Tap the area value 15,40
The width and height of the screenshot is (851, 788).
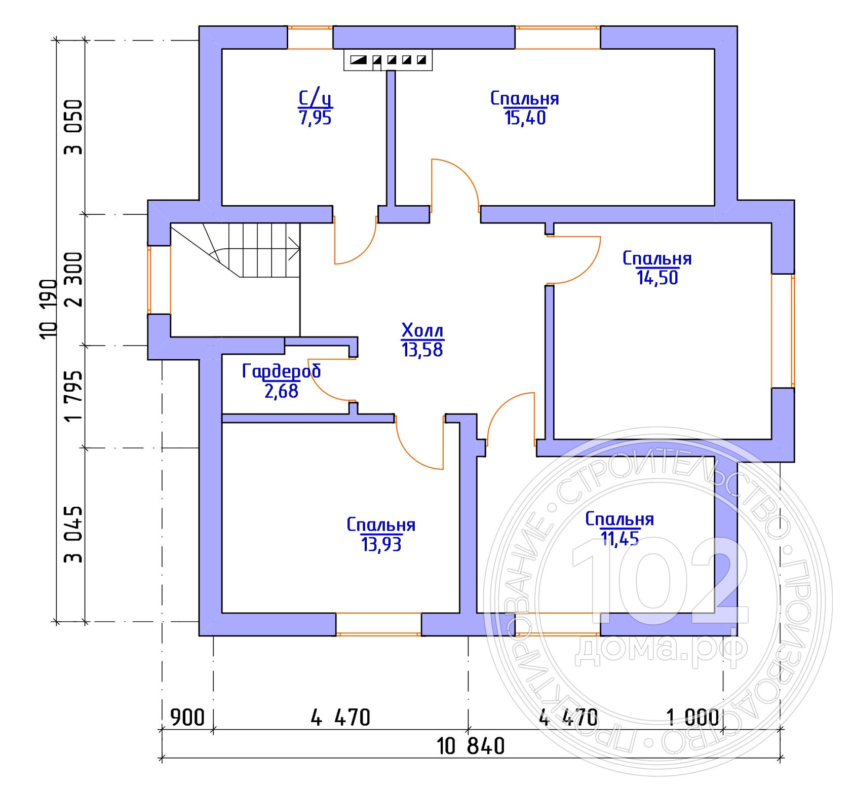pyautogui.click(x=525, y=118)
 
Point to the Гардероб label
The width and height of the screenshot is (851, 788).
pyautogui.click(x=281, y=370)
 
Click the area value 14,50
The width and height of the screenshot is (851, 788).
pyautogui.click(x=657, y=278)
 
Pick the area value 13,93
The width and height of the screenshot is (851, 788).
pyautogui.click(x=381, y=544)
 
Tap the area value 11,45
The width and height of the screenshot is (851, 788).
pyautogui.click(x=620, y=538)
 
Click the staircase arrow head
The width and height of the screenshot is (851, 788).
pyautogui.click(x=295, y=248)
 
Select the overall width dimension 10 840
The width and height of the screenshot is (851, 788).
pyautogui.click(x=471, y=746)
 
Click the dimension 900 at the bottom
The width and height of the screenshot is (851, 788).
pyautogui.click(x=187, y=718)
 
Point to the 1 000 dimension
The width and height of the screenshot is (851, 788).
pyautogui.click(x=692, y=718)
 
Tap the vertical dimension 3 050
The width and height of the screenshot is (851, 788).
pyautogui.click(x=73, y=127)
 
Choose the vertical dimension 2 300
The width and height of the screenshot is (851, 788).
pyautogui.click(x=73, y=279)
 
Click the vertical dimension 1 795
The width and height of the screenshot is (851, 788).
pyautogui.click(x=73, y=396)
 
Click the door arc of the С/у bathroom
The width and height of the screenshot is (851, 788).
pyautogui.click(x=364, y=251)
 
